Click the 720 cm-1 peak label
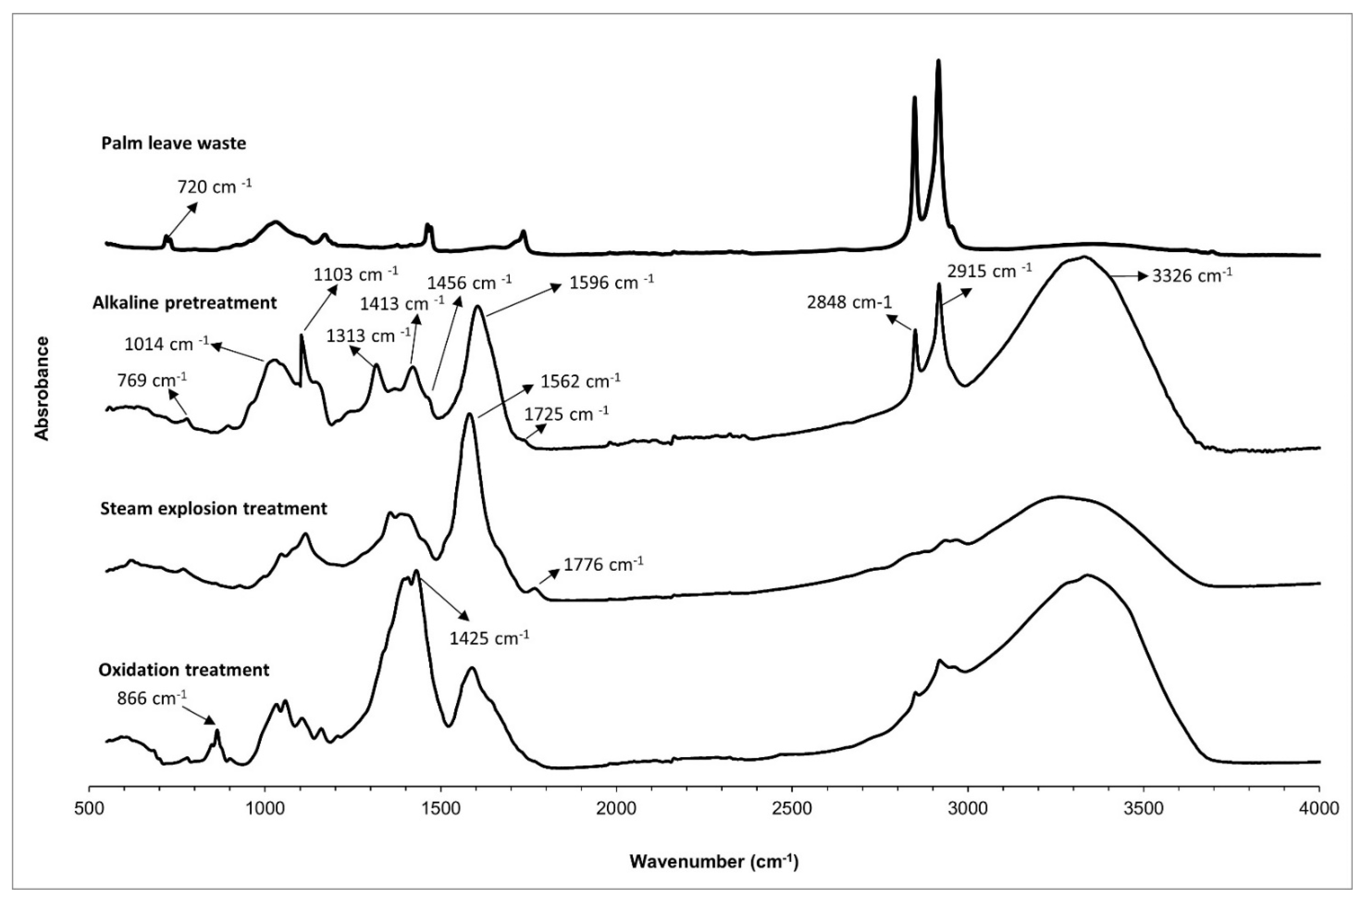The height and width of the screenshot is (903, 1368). [x=214, y=187]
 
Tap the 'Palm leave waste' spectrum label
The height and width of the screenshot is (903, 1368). [x=174, y=144]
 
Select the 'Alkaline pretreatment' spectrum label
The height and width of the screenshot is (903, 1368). [x=184, y=303]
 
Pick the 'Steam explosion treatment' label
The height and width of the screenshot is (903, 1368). [x=213, y=509]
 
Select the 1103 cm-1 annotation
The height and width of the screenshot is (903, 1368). [x=356, y=274]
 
